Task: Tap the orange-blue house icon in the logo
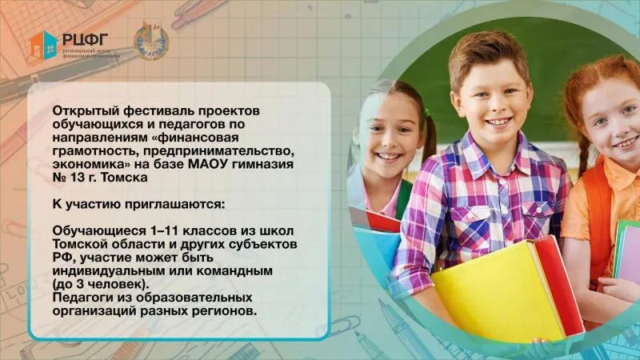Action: click(x=43, y=45)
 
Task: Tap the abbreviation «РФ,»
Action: click(x=62, y=258)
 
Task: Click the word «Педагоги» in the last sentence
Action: click(x=79, y=298)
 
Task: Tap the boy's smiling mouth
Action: click(x=498, y=122)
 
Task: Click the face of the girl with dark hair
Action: click(x=388, y=132)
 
